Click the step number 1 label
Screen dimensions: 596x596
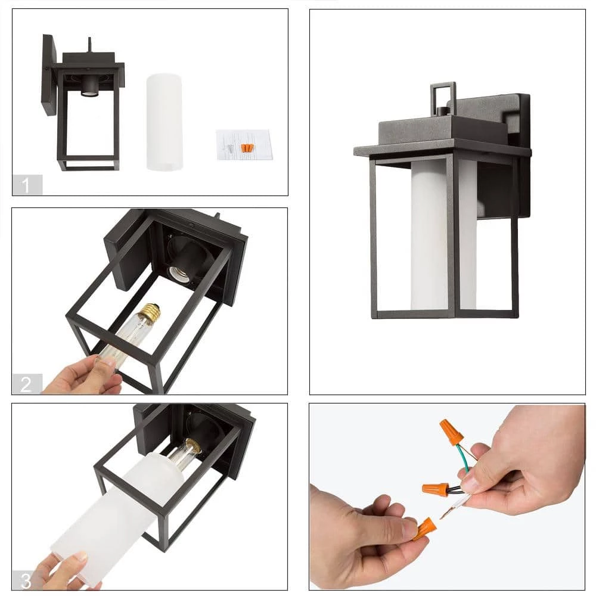pos(26,185)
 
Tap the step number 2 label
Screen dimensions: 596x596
pos(26,384)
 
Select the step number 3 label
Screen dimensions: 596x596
pos(26,581)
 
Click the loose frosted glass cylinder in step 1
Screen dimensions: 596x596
pos(164,122)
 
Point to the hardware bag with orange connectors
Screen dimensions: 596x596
pos(244,145)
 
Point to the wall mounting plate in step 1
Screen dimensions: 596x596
pos(50,74)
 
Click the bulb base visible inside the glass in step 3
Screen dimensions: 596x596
pos(193,445)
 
